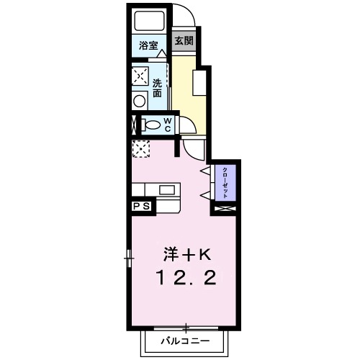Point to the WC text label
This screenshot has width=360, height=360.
pyautogui.click(x=167, y=125)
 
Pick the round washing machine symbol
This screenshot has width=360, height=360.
pyautogui.click(x=140, y=101)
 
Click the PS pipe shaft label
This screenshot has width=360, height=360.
pyautogui.click(x=140, y=206)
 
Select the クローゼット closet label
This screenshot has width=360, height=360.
pyautogui.click(x=225, y=181)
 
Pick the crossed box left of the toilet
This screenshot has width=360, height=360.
pyautogui.click(x=133, y=125)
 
